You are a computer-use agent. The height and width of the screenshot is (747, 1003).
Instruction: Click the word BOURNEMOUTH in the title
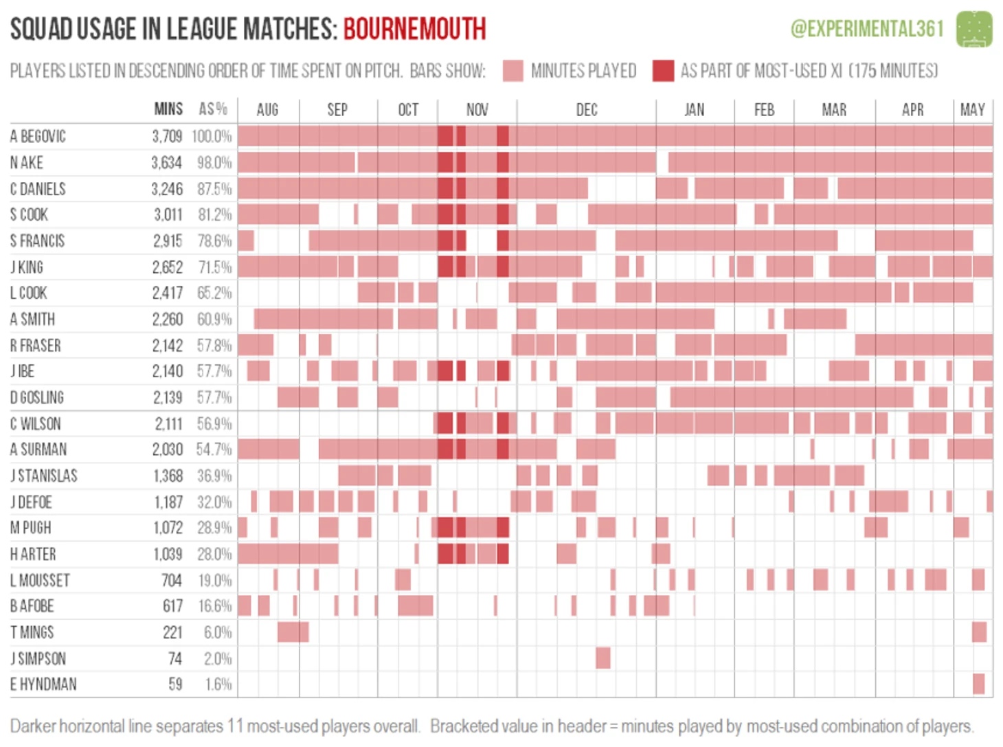[x=414, y=29]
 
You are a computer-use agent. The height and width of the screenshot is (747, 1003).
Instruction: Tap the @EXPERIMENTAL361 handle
[x=867, y=29]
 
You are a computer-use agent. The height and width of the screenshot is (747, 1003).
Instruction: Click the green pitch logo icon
[x=974, y=29]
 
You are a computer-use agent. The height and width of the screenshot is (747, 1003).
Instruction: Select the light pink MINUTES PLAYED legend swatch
[x=512, y=71]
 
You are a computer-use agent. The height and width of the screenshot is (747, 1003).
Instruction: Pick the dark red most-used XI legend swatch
[x=663, y=71]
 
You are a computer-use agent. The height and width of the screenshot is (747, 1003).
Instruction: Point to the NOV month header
[x=477, y=110]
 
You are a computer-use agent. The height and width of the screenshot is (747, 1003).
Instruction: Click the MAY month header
[x=972, y=110]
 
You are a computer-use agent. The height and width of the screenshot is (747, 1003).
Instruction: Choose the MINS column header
[x=168, y=109]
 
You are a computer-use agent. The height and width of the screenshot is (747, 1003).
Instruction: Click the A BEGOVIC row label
[x=38, y=136]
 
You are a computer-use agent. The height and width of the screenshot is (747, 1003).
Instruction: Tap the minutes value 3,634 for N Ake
[x=167, y=163]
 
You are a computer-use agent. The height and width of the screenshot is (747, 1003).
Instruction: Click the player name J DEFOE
[x=32, y=502]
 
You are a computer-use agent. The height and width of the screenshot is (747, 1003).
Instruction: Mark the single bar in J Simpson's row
[x=602, y=658]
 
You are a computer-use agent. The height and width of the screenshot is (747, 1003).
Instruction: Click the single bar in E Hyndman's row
[x=978, y=684]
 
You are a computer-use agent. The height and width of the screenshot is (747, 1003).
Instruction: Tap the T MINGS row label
[x=32, y=632]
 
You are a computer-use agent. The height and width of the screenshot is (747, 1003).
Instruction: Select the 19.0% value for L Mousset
[x=215, y=581]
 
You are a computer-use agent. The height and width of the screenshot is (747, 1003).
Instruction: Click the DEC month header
[x=586, y=110]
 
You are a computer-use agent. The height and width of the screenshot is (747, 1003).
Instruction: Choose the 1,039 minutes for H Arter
[x=168, y=554]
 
